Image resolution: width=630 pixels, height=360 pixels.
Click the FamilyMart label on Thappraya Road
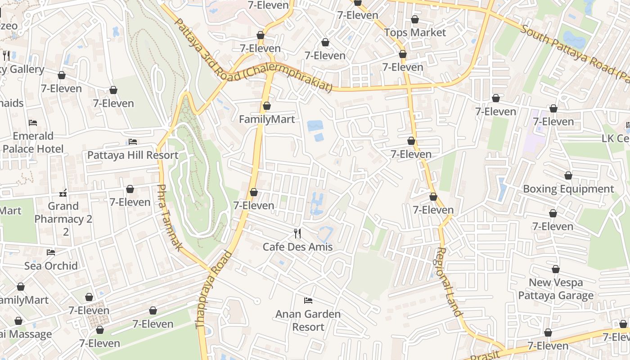tap(267, 119)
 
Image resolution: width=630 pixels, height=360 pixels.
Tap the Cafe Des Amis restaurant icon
tap(297, 233)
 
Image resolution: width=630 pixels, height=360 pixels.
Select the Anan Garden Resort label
tap(308, 320)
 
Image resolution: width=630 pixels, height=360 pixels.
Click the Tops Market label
tap(415, 32)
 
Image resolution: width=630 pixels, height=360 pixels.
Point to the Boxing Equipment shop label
tap(568, 189)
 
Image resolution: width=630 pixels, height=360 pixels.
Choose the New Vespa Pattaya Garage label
tap(556, 289)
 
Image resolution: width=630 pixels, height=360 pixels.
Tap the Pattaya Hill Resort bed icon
tap(133, 141)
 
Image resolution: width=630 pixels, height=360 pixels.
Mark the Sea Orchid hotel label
tap(51, 265)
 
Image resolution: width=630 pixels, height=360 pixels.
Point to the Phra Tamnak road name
tap(171, 218)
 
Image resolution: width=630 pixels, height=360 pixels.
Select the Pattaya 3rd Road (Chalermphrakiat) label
tap(252, 56)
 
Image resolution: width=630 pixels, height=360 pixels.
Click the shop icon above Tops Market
tap(415, 19)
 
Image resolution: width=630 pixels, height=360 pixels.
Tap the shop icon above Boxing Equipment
tap(568, 175)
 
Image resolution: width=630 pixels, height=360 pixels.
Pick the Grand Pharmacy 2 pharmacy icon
tap(63, 193)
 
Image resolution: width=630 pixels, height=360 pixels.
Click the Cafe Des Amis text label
tap(297, 247)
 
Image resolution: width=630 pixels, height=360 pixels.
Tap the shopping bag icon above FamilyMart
tap(267, 106)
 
